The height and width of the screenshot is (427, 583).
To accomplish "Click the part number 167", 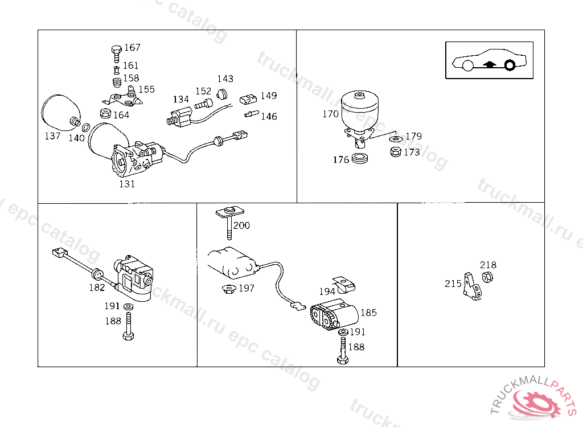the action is (132, 47).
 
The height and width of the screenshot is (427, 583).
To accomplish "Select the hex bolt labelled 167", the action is (116, 54).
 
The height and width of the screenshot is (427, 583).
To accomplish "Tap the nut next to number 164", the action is (105, 113).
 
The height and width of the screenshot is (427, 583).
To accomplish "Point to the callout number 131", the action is (127, 184).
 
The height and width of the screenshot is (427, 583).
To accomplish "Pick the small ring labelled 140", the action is (85, 128).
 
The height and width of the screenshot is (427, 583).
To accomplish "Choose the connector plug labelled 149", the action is (248, 99).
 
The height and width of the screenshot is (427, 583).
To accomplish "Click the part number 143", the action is (225, 79).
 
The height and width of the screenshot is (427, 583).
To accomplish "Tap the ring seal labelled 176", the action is (360, 158).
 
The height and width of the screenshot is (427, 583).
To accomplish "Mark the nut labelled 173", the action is (396, 152).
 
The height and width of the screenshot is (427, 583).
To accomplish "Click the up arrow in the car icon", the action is (490, 65).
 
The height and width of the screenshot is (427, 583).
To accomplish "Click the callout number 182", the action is (97, 288).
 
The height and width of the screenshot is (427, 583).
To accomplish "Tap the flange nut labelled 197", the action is (229, 288).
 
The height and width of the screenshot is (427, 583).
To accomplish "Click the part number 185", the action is (368, 313).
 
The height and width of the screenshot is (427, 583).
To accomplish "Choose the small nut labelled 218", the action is (487, 277).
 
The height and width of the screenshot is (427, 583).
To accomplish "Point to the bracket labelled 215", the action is (472, 287).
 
